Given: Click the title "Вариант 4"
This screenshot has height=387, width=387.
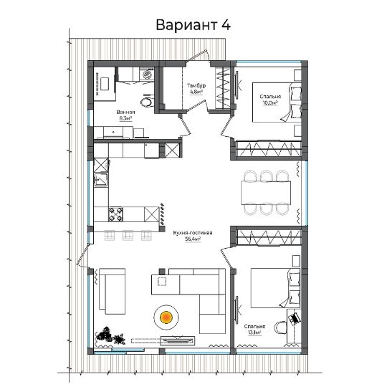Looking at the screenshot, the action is click(x=193, y=25).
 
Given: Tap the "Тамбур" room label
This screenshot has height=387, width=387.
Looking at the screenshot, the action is click(x=196, y=86).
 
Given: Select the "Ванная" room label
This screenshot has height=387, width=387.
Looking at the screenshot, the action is click(x=125, y=113).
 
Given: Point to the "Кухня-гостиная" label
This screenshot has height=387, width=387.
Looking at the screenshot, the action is click(x=193, y=233).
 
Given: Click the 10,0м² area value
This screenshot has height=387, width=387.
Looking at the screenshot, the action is click(x=270, y=102).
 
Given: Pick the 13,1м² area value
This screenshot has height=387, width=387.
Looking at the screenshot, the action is click(x=254, y=333).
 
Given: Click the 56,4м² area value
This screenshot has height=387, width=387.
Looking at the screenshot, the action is click(x=193, y=239).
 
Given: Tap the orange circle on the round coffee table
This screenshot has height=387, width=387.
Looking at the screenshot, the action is click(x=166, y=317).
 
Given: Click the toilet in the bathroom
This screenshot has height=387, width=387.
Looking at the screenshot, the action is click(x=147, y=100).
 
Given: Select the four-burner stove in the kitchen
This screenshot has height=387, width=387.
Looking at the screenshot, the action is click(x=116, y=214).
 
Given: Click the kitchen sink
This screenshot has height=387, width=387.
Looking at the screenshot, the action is click(x=101, y=179).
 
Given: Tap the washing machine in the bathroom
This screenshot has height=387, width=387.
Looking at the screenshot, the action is click(x=147, y=75).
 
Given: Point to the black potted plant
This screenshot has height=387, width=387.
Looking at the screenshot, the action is click(x=110, y=336).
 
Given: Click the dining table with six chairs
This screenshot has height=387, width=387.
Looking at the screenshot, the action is click(x=266, y=193).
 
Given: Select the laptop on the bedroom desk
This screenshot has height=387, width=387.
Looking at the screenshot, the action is click(x=295, y=318).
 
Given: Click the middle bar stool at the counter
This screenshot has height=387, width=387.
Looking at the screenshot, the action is click(x=128, y=235).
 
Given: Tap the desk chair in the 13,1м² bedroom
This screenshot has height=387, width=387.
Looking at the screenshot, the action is click(x=281, y=328).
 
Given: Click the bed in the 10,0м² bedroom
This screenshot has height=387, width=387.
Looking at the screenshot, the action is click(x=277, y=102).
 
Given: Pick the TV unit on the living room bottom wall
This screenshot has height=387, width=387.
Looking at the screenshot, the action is click(x=177, y=341).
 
